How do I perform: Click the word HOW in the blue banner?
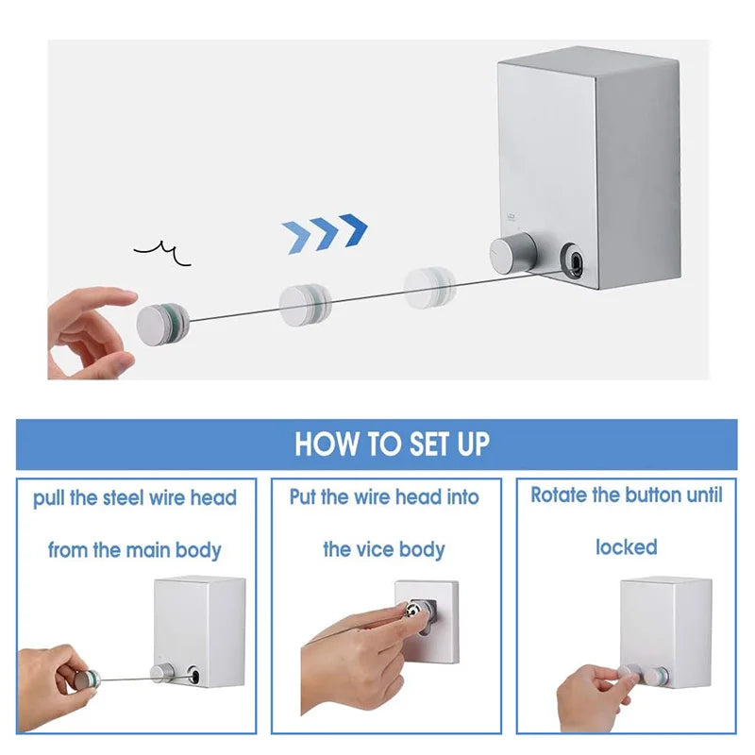[324, 444]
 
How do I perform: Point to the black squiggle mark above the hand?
[162, 252]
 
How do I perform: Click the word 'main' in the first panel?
[154, 549]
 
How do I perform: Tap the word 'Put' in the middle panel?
[303, 496]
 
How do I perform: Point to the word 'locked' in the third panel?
[626, 547]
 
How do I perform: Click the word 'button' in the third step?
[656, 495]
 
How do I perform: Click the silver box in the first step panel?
[199, 628]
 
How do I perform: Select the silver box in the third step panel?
[665, 628]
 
